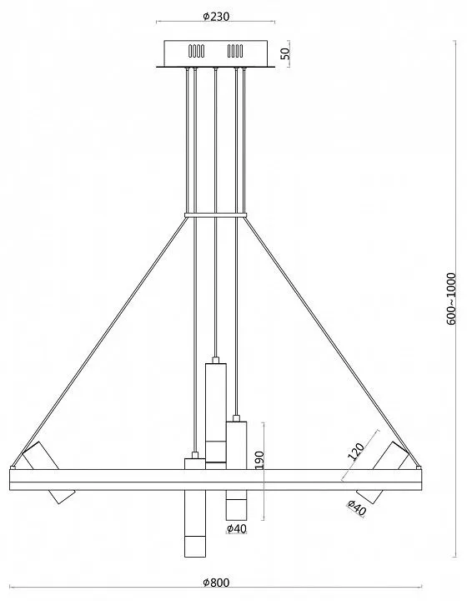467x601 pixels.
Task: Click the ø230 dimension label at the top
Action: coord(216,16)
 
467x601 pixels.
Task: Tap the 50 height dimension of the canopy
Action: coord(285,53)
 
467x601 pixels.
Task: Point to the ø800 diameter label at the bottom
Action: coord(216,583)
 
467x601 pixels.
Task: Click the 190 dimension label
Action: coord(259,460)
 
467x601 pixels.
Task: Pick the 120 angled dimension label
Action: coord(355,451)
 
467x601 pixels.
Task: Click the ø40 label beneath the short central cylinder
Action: coord(237,529)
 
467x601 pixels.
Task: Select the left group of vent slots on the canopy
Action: coord(196,51)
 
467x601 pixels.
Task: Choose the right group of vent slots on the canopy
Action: coord(235,51)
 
